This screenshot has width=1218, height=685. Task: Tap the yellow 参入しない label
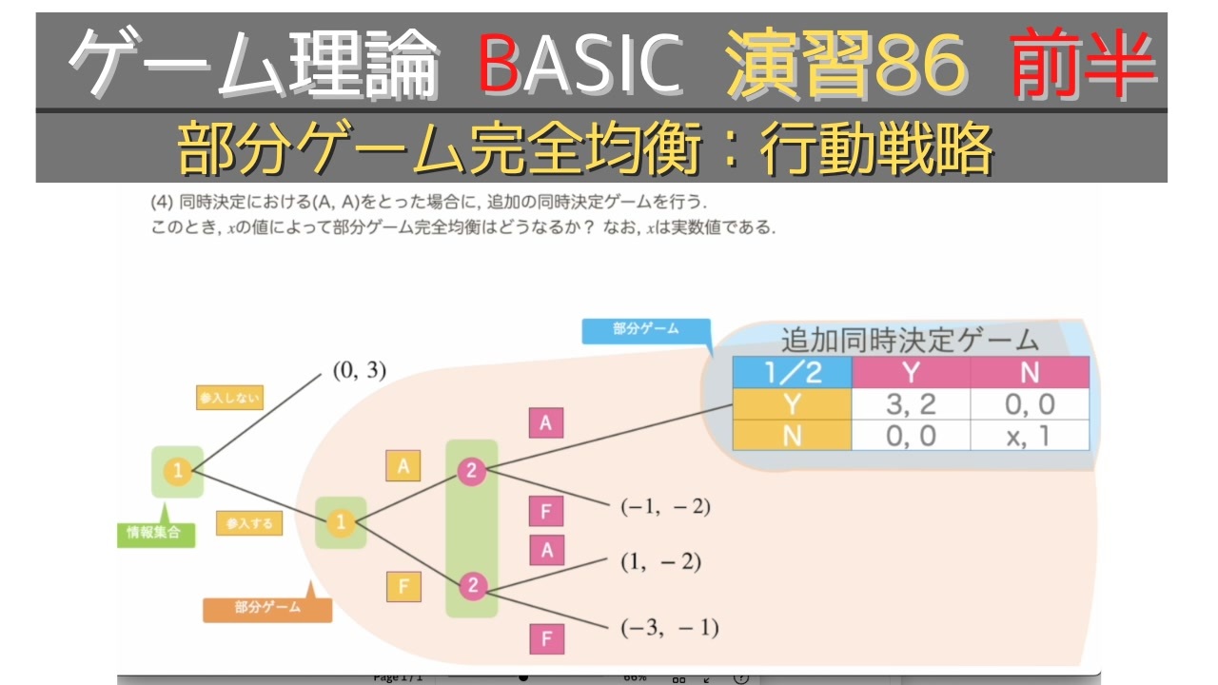pyautogui.click(x=229, y=398)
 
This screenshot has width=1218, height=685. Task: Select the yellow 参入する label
pyautogui.click(x=249, y=523)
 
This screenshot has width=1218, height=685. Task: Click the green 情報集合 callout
pyautogui.click(x=154, y=533)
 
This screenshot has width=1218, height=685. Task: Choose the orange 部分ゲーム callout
pyautogui.click(x=267, y=608)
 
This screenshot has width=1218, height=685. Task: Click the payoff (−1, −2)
pyautogui.click(x=665, y=507)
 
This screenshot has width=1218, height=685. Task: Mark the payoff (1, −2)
pyautogui.click(x=660, y=562)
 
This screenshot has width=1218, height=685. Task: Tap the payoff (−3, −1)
pyautogui.click(x=669, y=627)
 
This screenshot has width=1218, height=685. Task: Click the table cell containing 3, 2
pyautogui.click(x=911, y=404)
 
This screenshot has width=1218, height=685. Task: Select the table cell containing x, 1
pyautogui.click(x=1030, y=436)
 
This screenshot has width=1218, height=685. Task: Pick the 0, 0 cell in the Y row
pyautogui.click(x=1030, y=404)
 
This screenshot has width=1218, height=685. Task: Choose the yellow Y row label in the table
pyautogui.click(x=792, y=404)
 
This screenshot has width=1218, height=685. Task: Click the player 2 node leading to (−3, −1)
pyautogui.click(x=472, y=586)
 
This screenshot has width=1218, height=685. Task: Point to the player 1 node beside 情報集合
pyautogui.click(x=178, y=470)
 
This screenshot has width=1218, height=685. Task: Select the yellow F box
pyautogui.click(x=403, y=587)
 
